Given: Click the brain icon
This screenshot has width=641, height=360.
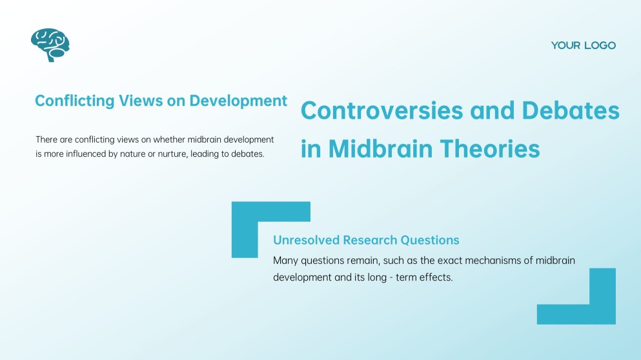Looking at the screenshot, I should pos(50,45).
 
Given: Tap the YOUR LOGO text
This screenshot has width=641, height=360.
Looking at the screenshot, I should pos(583,45).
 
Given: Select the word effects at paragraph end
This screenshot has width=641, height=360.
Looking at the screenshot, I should pos(436,277).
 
